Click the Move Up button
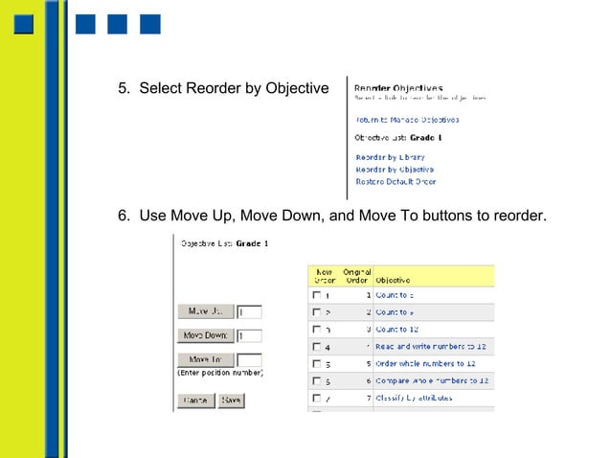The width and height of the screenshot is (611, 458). [205, 311]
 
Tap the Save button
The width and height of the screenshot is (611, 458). [231, 401]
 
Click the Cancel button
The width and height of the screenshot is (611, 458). [195, 401]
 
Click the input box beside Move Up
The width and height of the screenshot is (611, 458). [249, 311]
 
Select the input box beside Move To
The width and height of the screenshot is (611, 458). [249, 360]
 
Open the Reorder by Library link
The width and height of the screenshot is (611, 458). [390, 157]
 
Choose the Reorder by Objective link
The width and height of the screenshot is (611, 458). [395, 169]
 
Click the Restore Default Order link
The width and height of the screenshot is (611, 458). [396, 181]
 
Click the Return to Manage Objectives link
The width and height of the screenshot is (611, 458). [407, 120]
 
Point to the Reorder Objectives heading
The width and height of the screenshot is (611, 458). [398, 88]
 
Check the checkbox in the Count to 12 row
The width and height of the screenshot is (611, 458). [316, 330]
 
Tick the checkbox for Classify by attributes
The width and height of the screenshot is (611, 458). [316, 398]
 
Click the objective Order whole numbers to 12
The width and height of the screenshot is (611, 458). [425, 364]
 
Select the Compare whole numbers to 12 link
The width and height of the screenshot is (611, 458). [432, 380]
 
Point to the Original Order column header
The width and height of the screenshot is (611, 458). [357, 276]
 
